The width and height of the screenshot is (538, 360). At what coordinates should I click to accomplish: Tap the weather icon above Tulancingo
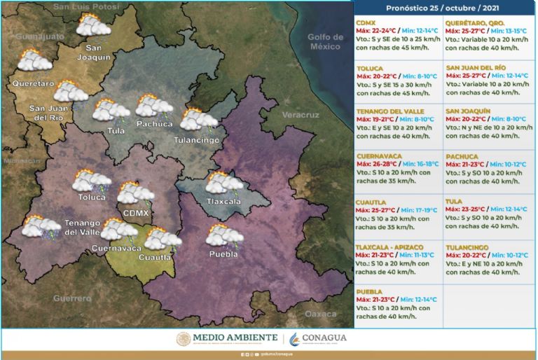[x=199, y=120]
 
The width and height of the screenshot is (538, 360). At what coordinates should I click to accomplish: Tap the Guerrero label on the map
[x=72, y=298]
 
